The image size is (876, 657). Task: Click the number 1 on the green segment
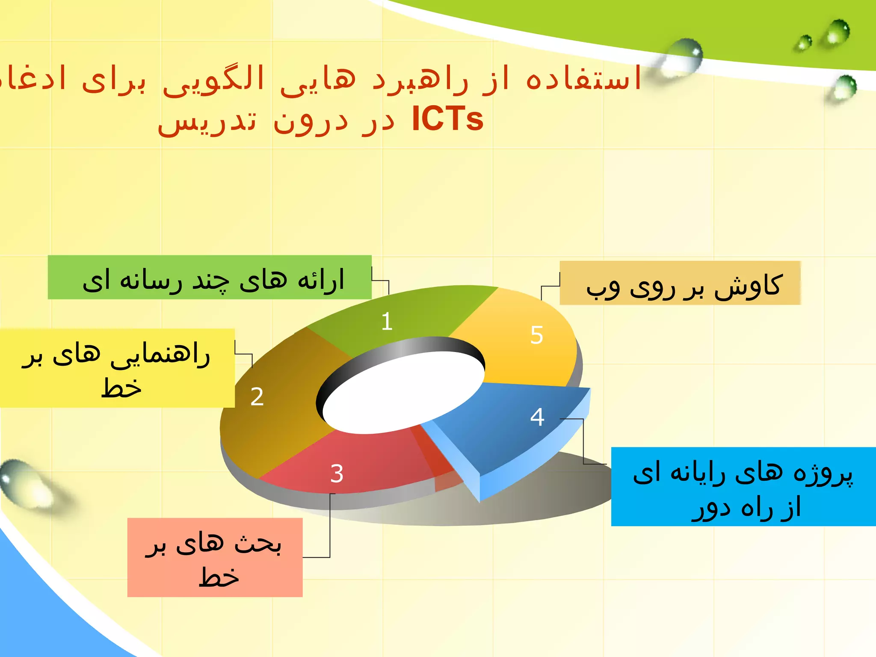387,321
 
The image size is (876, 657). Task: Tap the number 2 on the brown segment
257,397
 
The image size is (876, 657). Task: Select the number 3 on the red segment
337,474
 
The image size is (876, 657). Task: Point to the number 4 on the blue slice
537,417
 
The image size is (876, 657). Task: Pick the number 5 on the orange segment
536,335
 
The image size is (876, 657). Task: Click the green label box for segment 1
210,277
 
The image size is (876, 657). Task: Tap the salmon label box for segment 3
215,557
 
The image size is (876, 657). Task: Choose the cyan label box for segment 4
743,486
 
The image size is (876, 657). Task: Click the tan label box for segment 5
680,283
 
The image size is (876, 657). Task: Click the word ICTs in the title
447,119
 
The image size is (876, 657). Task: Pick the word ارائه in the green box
321,281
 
